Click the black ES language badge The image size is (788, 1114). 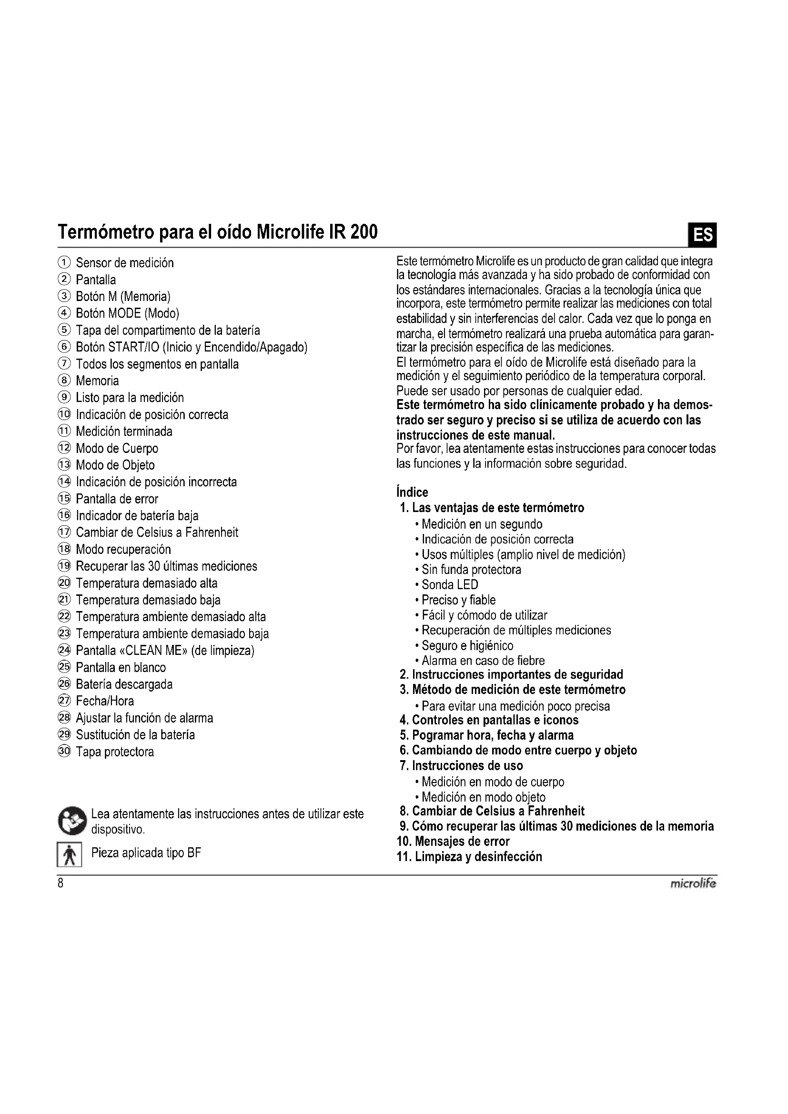click(x=703, y=235)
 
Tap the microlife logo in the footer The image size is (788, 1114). click(x=692, y=884)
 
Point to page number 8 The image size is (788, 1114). click(x=61, y=883)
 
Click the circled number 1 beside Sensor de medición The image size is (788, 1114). click(x=64, y=262)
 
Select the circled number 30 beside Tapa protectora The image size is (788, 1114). click(x=64, y=752)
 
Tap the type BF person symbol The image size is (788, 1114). click(x=70, y=854)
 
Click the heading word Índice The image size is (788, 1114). click(x=413, y=492)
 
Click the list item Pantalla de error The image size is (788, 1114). click(x=117, y=499)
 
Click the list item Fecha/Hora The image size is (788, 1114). click(x=105, y=701)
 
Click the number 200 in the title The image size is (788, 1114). click(x=364, y=232)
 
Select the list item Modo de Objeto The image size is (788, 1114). click(x=115, y=465)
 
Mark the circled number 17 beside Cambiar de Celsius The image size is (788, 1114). click(x=64, y=532)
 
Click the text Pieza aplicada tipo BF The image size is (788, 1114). click(x=146, y=853)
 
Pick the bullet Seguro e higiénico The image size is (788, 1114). click(x=467, y=645)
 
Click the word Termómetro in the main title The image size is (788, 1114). click(x=105, y=232)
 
